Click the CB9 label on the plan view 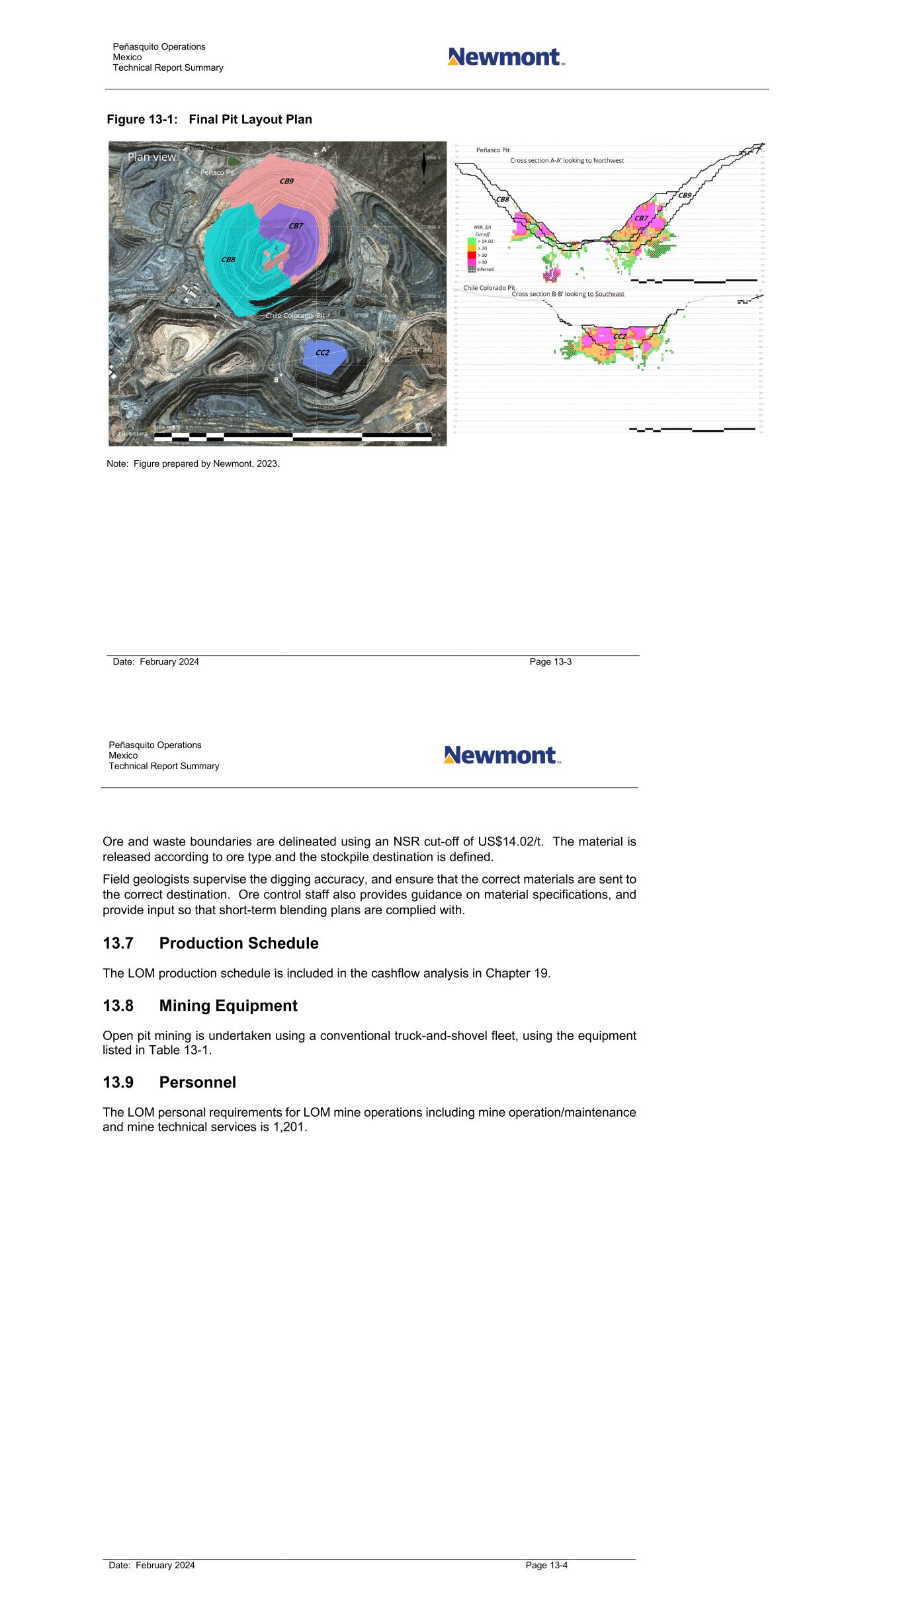286,181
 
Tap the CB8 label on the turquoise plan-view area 228,259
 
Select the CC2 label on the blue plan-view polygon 322,352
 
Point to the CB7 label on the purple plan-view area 296,226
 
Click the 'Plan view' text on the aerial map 152,157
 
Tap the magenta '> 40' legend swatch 472,262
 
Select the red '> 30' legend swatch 472,255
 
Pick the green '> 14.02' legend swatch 472,241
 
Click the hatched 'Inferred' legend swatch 472,269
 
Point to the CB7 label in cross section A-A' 641,218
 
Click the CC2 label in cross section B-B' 620,336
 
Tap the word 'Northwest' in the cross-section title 604,160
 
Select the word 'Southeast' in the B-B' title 604,293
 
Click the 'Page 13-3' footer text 550,661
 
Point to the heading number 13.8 118,1006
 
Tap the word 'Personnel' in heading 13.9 197,1082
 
